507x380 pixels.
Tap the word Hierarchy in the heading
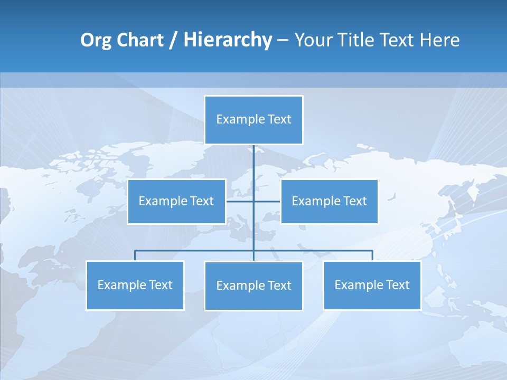[227, 40]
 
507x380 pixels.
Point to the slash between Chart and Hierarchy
[173, 40]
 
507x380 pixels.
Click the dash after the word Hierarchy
[283, 40]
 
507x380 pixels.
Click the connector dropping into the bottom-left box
[135, 255]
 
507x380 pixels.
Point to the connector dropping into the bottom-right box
[372, 255]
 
